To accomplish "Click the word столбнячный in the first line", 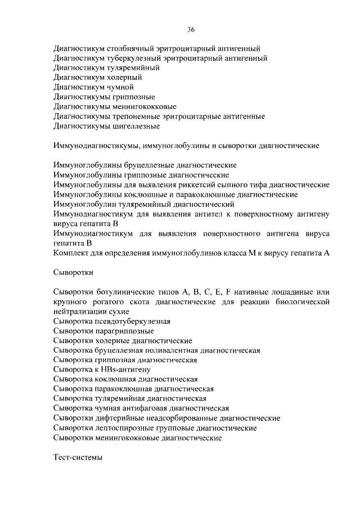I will coord(130,49).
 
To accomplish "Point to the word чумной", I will coord(119,87).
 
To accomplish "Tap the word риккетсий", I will coord(193,184).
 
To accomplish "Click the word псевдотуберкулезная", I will coord(130,321).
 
